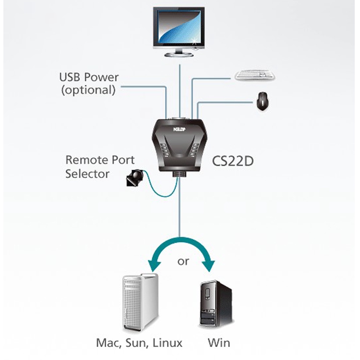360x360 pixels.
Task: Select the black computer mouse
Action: pos(263,102)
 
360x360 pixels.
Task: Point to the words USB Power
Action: pos(89,77)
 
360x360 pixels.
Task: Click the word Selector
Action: pos(87,173)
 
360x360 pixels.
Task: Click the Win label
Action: pos(219,343)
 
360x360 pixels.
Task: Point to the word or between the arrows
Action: pos(183,262)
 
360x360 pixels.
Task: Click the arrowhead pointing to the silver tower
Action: pos(155,265)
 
